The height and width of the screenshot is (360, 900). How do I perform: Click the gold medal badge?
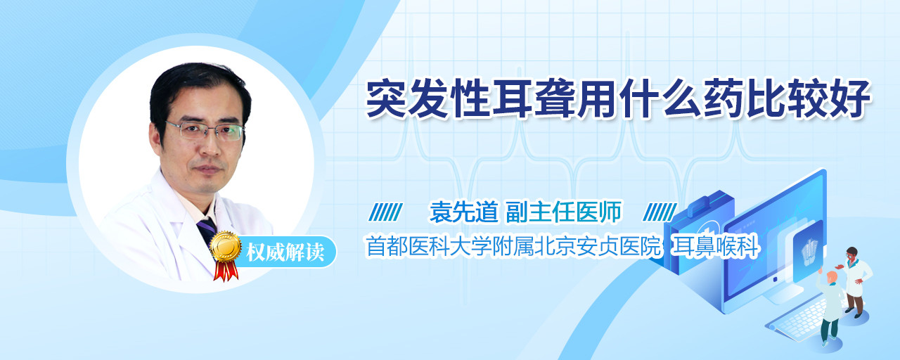click(x=226, y=246)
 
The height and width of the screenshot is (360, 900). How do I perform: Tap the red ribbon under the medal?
click(x=226, y=271)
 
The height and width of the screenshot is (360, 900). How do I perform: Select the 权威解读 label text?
click(x=285, y=252)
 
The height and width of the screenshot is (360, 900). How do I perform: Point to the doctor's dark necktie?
click(x=207, y=230)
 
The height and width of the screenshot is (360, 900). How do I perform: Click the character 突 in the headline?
click(x=387, y=99)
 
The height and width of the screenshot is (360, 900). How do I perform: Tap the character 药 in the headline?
click(x=724, y=99)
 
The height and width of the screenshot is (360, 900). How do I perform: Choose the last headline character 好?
click(x=850, y=99)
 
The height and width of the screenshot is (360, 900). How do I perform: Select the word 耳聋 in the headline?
click(x=534, y=99)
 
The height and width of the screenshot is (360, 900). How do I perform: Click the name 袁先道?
click(x=463, y=212)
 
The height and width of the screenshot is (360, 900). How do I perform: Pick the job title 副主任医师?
click(x=564, y=212)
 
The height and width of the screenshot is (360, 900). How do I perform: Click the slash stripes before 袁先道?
click(x=386, y=212)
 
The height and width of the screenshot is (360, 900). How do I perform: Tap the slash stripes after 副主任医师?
click(x=660, y=212)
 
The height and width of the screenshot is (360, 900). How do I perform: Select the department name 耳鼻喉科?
click(x=716, y=246)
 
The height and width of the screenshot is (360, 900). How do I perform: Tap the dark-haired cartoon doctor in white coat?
click(x=854, y=282)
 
